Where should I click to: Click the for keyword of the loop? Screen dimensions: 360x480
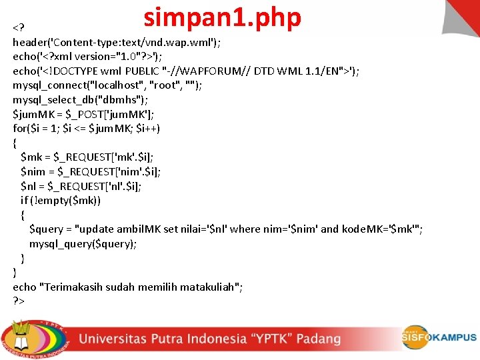19,128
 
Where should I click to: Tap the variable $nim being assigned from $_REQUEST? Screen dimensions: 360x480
34,171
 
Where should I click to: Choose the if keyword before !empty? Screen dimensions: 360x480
25,200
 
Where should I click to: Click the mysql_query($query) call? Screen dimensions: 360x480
83,243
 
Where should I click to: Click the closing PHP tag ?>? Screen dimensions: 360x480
18,301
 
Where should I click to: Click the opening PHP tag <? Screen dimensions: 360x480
19,28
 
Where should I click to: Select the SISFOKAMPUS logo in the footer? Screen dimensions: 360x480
438,337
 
